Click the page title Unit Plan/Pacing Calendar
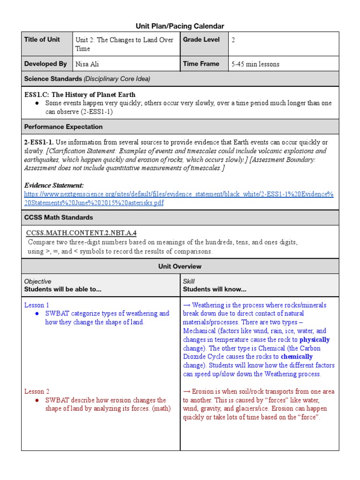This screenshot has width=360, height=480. point(180,26)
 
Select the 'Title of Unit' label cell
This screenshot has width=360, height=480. point(42,40)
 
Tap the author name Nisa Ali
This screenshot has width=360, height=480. point(87,64)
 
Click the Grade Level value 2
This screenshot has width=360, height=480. point(233,40)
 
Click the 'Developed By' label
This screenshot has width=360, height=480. point(45,64)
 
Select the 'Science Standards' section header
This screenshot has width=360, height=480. point(87,79)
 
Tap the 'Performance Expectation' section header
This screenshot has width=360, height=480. point(63,127)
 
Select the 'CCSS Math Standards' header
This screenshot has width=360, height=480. point(59,217)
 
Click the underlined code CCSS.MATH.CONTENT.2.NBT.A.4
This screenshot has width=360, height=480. point(82,233)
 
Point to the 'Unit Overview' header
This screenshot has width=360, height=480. point(180,266)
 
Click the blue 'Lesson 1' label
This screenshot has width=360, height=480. point(37,305)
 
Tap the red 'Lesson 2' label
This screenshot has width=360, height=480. point(37,391)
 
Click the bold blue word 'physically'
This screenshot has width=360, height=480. point(315,340)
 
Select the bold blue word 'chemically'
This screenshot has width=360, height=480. point(297,357)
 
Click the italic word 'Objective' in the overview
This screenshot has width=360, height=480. point(38,281)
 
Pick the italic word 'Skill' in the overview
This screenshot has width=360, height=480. point(189,281)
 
